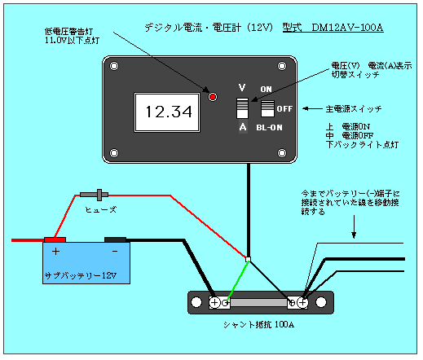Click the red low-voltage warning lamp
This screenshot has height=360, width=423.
(213, 97)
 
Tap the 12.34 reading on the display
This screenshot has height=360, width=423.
(169, 112)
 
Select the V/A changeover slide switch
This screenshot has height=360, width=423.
(242, 108)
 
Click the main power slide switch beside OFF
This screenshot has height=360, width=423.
(267, 108)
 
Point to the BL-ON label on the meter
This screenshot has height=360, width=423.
(269, 128)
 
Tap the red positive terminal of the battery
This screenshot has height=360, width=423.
(55, 239)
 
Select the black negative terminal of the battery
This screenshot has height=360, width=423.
(116, 239)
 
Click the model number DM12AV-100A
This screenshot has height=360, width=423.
(347, 28)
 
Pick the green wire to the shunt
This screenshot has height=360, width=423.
(238, 280)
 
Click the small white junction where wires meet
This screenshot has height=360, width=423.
(248, 259)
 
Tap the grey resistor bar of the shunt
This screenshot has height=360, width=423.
(258, 302)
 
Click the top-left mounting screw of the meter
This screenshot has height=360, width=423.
(114, 66)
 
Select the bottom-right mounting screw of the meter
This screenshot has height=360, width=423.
(282, 153)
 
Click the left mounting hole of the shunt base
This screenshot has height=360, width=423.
(196, 302)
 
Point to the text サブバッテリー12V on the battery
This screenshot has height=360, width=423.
(81, 275)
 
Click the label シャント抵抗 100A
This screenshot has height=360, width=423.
(258, 325)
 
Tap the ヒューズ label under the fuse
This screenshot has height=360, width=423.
(101, 209)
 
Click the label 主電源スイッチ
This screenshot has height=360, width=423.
(354, 109)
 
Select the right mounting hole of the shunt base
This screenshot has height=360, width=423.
(321, 302)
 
